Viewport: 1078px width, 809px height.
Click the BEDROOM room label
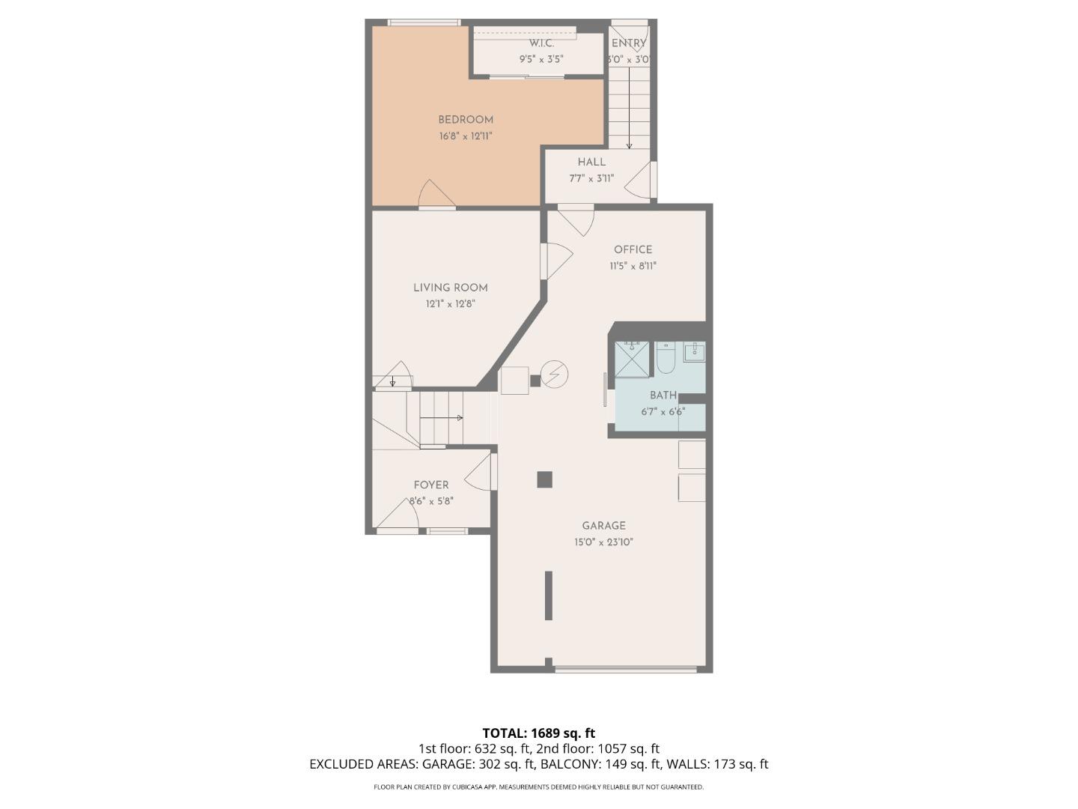pyautogui.click(x=465, y=120)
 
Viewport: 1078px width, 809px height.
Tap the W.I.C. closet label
pyautogui.click(x=541, y=43)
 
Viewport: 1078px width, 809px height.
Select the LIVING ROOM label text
pyautogui.click(x=450, y=288)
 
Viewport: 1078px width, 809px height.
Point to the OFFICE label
pyautogui.click(x=633, y=250)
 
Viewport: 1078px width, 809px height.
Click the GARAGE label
pyautogui.click(x=603, y=526)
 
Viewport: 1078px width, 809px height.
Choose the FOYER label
pyautogui.click(x=431, y=485)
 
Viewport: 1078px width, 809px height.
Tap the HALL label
pyautogui.click(x=591, y=162)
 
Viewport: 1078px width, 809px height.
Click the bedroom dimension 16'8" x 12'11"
pyautogui.click(x=465, y=136)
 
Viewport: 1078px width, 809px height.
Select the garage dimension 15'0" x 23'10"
pyautogui.click(x=603, y=542)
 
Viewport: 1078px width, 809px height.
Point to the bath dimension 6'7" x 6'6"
pyautogui.click(x=663, y=411)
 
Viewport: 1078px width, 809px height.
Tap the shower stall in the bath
pyautogui.click(x=632, y=360)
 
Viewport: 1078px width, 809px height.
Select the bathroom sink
pyautogui.click(x=694, y=351)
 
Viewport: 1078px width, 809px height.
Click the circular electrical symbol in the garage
pyautogui.click(x=555, y=375)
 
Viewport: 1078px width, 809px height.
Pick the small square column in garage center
pyautogui.click(x=544, y=479)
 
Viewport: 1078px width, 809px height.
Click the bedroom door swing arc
pyautogui.click(x=436, y=193)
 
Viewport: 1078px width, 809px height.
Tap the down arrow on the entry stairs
pyautogui.click(x=629, y=145)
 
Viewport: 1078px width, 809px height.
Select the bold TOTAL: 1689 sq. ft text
pyautogui.click(x=538, y=733)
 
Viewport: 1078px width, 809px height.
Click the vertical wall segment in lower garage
pyautogui.click(x=548, y=596)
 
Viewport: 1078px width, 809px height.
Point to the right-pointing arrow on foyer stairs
pyautogui.click(x=458, y=418)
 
